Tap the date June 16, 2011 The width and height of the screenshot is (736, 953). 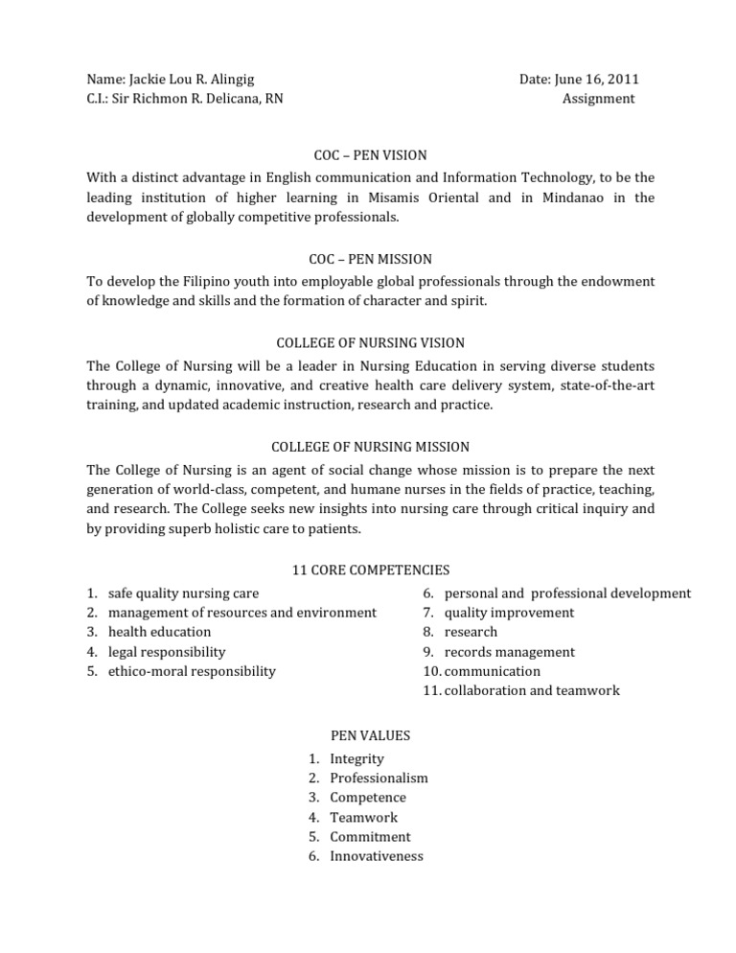(601, 80)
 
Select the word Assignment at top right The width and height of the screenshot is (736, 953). (598, 99)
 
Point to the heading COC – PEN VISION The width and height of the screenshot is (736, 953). (371, 154)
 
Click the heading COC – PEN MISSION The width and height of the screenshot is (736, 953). (371, 259)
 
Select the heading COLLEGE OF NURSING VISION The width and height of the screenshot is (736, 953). (371, 342)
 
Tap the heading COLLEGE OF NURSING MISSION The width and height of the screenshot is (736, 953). (371, 447)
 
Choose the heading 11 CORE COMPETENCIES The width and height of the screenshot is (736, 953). (371, 569)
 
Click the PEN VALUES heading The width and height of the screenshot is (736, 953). (370, 735)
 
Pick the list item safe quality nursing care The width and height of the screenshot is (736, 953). (183, 593)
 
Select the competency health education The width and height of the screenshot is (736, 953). (159, 632)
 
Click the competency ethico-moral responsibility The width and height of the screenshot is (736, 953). (192, 671)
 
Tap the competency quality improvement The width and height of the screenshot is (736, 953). (509, 613)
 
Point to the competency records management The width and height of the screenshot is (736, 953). (510, 652)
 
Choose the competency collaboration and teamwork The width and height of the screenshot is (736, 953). (532, 690)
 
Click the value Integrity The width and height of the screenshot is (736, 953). (356, 759)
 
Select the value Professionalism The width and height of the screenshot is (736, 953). (379, 779)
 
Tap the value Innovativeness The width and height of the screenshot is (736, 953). (376, 856)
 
